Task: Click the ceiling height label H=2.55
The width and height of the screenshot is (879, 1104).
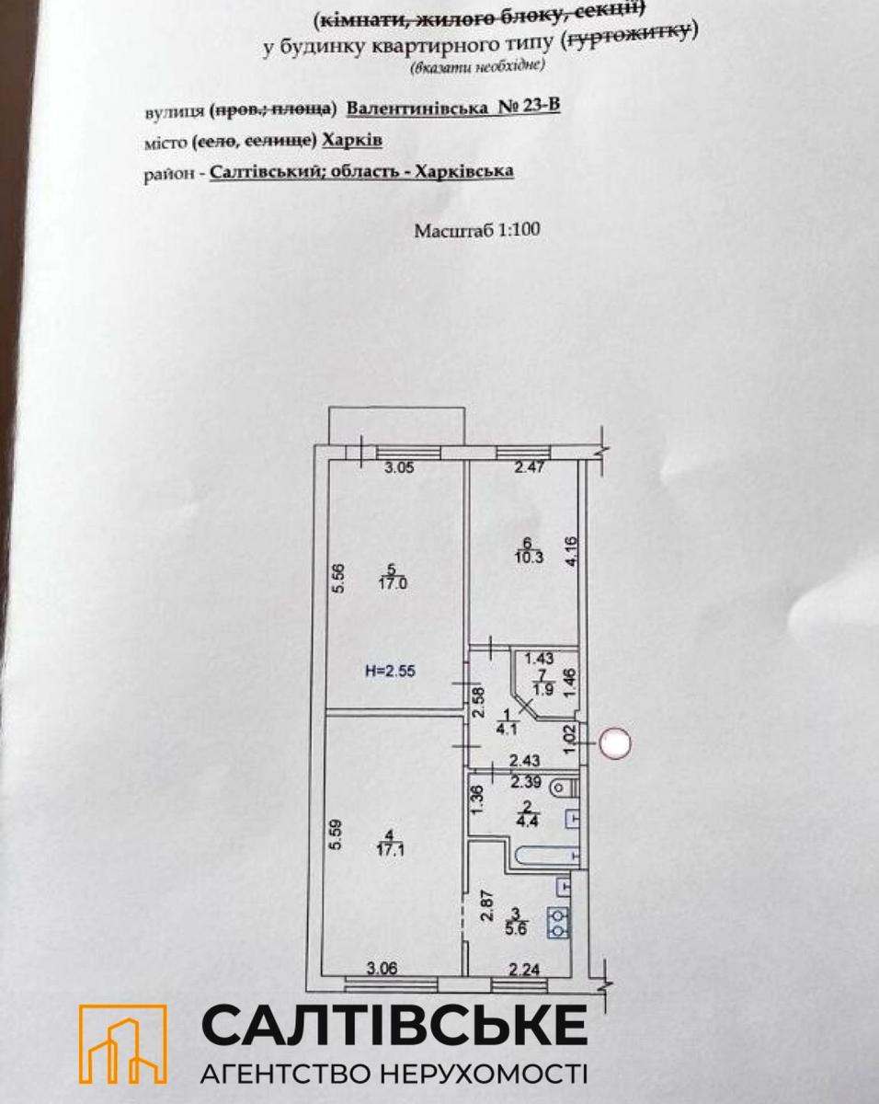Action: tap(387, 671)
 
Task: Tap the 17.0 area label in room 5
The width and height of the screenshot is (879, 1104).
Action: tap(397, 581)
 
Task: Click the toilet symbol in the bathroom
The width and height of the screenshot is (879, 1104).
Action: tap(562, 788)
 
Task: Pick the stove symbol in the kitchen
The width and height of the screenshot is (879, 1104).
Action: tap(558, 923)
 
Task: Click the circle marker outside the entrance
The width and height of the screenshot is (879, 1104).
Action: tap(615, 743)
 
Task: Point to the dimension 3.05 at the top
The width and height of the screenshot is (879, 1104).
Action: tap(399, 467)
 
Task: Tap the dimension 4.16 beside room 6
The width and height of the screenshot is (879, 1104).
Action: tap(571, 552)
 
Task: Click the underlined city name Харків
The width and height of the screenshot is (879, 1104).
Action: tap(353, 140)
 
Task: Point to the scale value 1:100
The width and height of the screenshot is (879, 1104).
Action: tap(519, 230)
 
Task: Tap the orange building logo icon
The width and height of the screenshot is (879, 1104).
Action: tap(122, 1043)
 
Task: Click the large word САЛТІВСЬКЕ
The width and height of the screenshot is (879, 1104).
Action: tap(394, 1024)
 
